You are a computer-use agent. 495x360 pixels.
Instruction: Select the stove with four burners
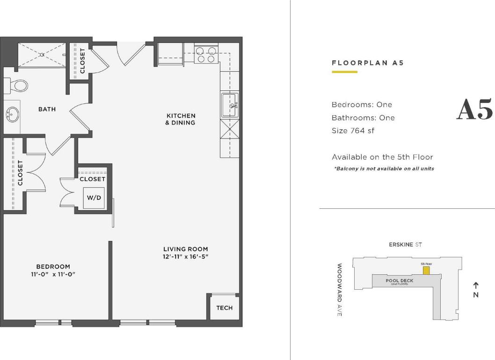pos(206,55)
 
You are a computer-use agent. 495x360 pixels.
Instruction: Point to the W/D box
pos(94,198)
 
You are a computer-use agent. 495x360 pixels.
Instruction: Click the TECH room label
pos(224,308)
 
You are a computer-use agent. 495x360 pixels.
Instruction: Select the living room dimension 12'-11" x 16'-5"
pos(186,257)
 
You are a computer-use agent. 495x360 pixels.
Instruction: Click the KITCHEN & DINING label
pos(180,119)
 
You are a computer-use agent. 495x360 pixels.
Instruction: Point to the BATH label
pos(47,109)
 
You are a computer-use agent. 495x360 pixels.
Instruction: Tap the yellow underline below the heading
pos(344,72)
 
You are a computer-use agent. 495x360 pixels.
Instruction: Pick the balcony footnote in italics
pos(384,169)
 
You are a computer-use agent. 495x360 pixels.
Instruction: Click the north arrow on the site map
pos(475,285)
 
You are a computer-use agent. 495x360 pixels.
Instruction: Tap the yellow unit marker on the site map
pos(426,271)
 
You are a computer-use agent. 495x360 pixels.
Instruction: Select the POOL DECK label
pos(399,281)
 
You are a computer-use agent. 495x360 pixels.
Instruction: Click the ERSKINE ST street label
pos(405,245)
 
